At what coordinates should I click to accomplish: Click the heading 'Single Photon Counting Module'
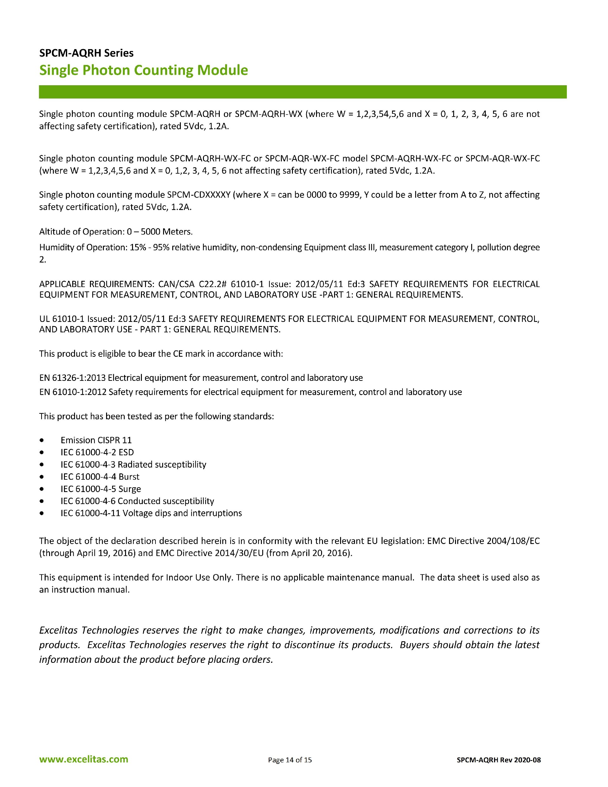click(143, 70)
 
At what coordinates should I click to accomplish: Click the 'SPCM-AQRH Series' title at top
click(86, 53)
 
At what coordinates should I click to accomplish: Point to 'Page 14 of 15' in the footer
click(290, 760)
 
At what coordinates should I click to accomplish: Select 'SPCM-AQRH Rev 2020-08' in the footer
click(498, 760)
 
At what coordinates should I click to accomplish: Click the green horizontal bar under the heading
click(302, 92)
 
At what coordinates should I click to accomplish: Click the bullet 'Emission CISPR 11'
click(96, 440)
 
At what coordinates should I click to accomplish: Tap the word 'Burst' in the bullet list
click(129, 477)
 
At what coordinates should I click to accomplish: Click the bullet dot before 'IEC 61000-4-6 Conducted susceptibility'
click(42, 501)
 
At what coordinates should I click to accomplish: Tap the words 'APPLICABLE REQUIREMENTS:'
click(97, 284)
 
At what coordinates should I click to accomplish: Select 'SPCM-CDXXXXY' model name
click(199, 195)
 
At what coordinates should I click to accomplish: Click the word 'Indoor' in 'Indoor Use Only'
click(179, 577)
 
